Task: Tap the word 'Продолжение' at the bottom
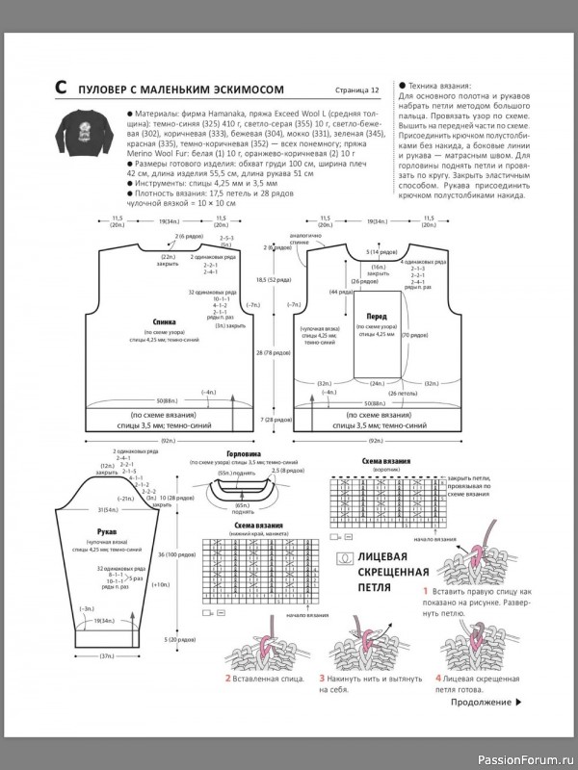pyautogui.click(x=478, y=703)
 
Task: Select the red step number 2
pyautogui.click(x=227, y=679)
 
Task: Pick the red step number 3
pyautogui.click(x=322, y=679)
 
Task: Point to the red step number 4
pyautogui.click(x=424, y=679)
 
